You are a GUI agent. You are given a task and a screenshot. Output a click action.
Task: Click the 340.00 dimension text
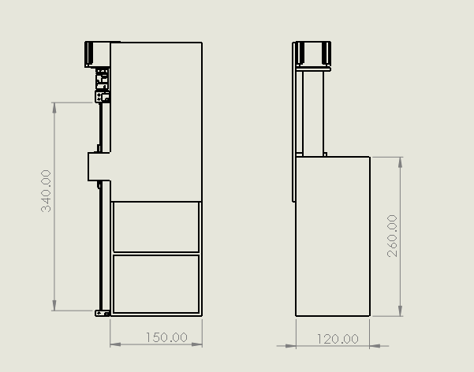[x=46, y=191]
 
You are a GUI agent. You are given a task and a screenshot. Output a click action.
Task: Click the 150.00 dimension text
[x=166, y=337]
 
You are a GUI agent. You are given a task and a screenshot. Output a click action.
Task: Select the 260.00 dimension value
[x=392, y=236]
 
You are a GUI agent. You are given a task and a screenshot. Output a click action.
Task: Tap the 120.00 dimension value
[x=338, y=339]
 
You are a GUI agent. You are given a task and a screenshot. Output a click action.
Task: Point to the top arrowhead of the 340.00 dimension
[x=54, y=108]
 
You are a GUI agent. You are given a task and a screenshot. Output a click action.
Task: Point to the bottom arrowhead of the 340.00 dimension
[x=54, y=306]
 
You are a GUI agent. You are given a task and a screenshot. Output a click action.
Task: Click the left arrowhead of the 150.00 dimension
[x=115, y=344]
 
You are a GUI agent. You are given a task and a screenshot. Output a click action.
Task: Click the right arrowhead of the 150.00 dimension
[x=197, y=344]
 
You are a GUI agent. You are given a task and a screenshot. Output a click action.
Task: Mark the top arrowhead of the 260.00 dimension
[x=401, y=162]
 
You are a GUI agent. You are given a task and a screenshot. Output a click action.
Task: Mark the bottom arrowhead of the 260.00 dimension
[x=401, y=311]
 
